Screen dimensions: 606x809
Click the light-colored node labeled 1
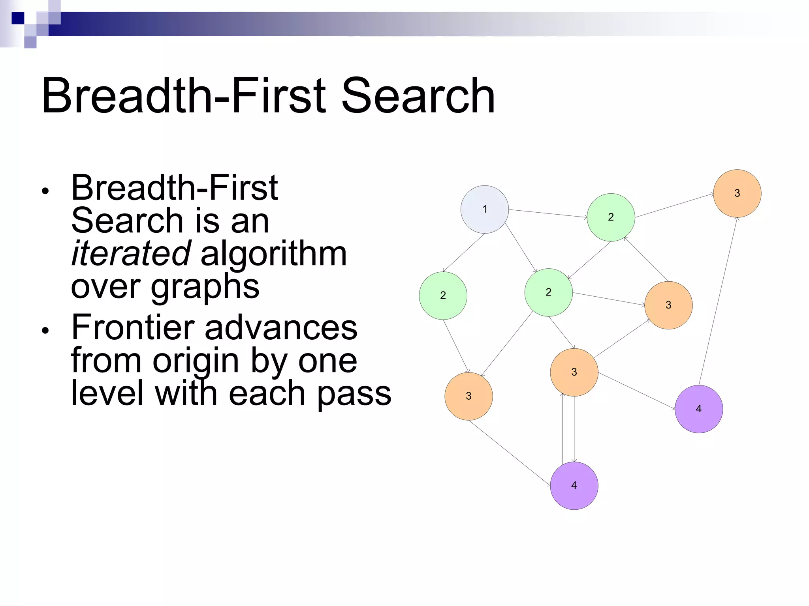click(484, 209)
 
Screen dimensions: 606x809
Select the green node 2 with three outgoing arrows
click(548, 292)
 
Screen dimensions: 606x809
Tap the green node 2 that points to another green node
click(611, 217)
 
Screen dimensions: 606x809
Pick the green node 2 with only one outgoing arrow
click(443, 296)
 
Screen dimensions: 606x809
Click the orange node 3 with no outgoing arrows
click(737, 193)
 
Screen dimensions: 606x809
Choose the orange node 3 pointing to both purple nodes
click(574, 372)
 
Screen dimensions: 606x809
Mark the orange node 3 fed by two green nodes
click(468, 396)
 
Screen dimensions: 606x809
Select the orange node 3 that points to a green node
click(668, 305)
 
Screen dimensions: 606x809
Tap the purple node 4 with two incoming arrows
click(574, 486)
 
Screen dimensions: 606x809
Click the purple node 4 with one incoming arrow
click(699, 409)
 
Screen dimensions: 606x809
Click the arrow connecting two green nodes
click(589, 260)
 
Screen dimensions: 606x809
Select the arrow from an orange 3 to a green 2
click(646, 260)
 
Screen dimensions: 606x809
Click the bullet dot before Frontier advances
click(45, 330)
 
